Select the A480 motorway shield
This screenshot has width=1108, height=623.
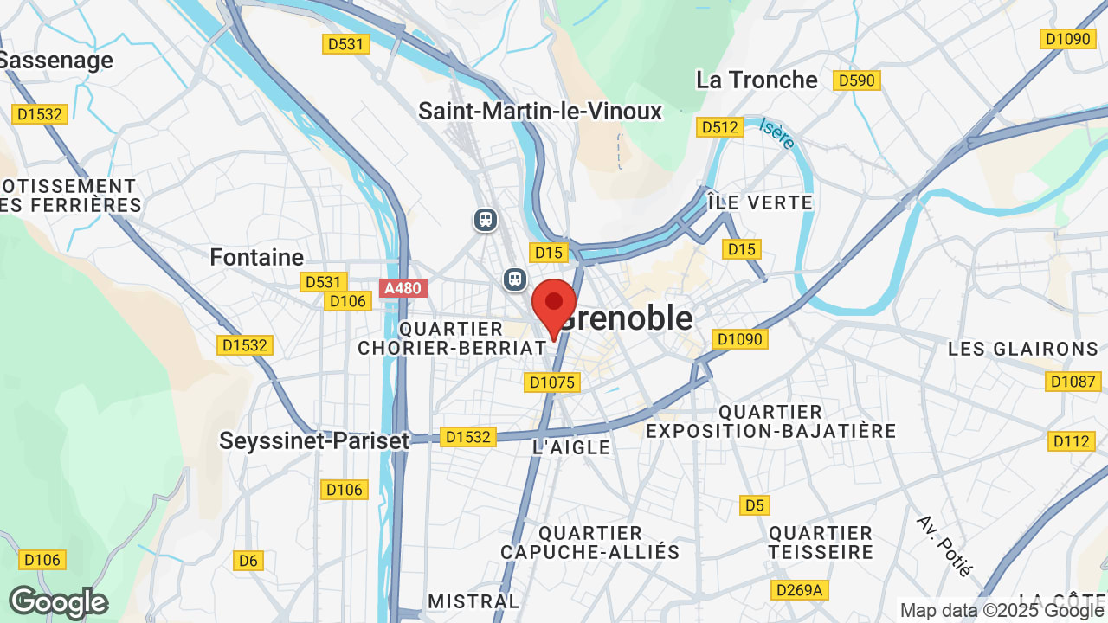403,287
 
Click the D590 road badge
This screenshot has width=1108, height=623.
856,80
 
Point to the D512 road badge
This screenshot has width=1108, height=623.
720,127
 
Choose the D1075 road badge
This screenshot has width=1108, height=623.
552,382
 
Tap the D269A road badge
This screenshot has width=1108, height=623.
799,590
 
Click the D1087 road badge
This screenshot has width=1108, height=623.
1073,381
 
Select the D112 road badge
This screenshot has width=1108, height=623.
1072,441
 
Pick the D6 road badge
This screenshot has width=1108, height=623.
248,561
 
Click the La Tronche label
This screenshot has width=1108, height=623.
757,80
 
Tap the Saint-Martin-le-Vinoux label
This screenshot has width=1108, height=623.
540,111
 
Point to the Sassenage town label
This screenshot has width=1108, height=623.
57,61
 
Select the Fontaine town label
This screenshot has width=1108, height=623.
257,257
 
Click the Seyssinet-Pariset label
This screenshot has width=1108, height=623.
314,440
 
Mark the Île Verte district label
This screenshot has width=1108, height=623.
759,202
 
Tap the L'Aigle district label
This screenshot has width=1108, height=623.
571,447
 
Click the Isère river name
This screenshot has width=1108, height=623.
777,134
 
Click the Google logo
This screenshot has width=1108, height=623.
58,602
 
